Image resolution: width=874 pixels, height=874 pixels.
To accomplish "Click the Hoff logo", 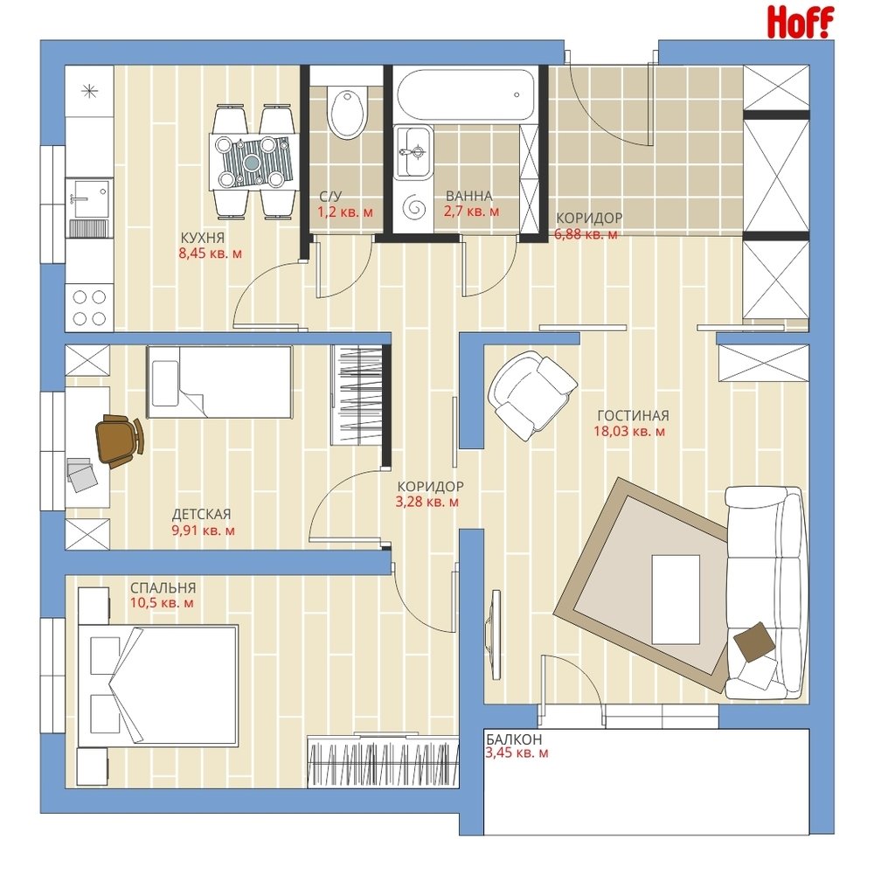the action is tap(801, 23).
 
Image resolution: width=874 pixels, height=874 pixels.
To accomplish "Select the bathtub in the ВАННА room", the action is tap(465, 94).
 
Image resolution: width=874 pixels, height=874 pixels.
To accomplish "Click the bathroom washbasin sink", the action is tap(413, 151).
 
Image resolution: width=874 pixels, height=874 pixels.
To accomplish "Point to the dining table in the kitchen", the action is tap(253, 162).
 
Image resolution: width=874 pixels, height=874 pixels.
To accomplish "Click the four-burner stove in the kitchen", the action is tap(90, 307).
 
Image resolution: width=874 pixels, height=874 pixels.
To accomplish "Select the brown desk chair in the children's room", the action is tap(119, 440).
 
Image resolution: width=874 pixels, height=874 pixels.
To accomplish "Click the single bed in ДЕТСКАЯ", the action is tap(219, 382).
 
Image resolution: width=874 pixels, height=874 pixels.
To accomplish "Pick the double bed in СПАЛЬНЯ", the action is tap(158, 685).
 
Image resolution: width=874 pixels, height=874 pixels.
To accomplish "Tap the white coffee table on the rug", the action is tap(676, 600).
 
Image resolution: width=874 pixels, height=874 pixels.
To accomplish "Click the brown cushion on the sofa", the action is tap(754, 641).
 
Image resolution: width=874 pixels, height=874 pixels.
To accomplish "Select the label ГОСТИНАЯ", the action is tap(633, 416).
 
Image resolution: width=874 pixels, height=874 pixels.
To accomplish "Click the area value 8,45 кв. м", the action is tap(210, 253).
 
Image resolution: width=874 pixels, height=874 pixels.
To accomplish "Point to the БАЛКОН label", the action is tap(513, 739).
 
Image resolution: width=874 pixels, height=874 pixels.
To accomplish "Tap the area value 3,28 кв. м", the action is tap(427, 503).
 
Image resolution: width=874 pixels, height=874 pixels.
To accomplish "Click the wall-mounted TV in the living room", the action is tap(493, 635).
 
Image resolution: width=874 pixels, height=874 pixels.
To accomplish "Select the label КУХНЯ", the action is tap(203, 238).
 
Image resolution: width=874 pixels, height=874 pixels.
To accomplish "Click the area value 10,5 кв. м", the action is tap(162, 603).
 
